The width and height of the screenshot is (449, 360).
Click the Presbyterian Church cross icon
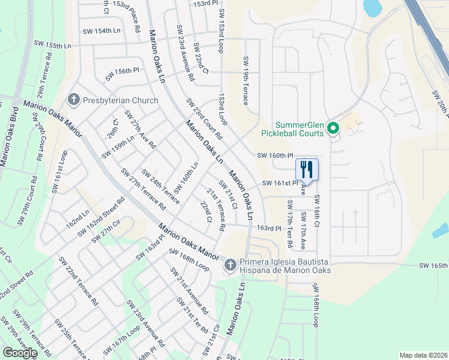coord(74,100)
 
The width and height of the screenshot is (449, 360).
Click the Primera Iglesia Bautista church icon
coord(230,265)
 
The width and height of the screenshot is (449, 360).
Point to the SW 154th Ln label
coord(100,30)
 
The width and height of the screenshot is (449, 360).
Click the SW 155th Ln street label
coord(53,45)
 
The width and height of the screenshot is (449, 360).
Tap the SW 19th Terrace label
coord(246,80)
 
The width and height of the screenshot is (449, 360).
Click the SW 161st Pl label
coord(280,183)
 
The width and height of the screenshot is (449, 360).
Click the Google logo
coord(20,353)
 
